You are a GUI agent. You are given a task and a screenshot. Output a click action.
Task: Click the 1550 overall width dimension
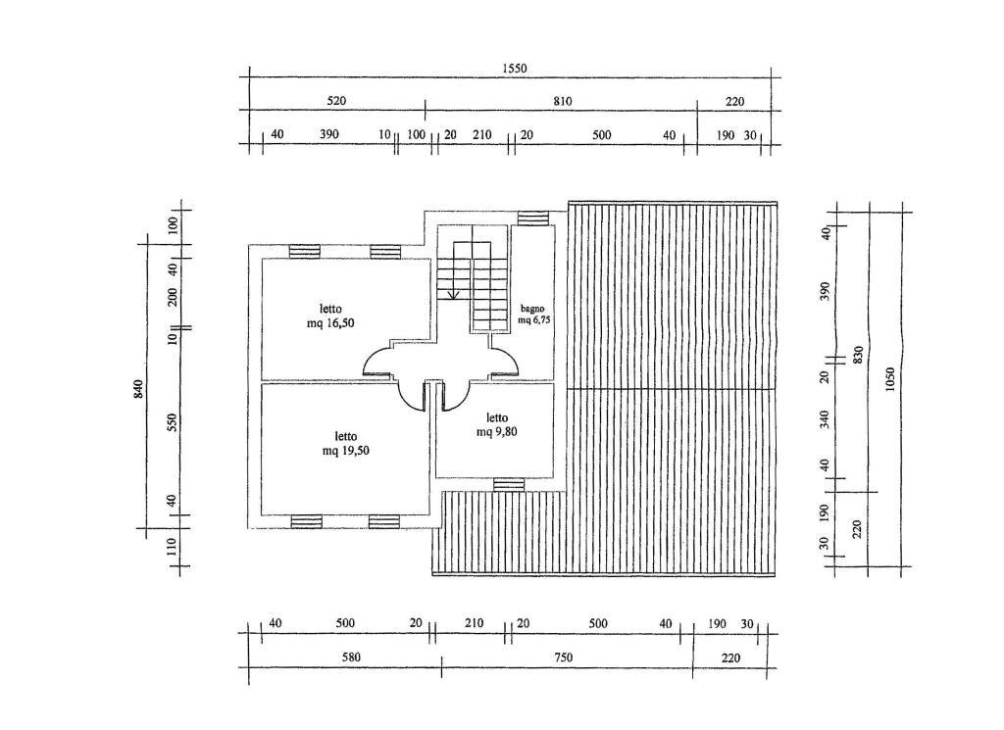pos(514,69)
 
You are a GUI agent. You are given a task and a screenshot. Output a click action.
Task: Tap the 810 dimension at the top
pos(562,101)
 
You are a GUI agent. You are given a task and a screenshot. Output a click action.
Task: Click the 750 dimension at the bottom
pos(564,657)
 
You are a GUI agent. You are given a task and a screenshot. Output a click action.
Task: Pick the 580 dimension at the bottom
pos(351,657)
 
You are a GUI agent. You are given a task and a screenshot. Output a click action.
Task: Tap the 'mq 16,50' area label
pos(330,323)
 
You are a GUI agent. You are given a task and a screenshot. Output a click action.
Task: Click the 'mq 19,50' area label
pos(346,451)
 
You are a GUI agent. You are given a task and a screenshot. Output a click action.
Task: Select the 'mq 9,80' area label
pos(497,432)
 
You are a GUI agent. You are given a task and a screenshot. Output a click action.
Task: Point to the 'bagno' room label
pos(532,309)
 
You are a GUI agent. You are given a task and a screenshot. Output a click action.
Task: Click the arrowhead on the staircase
pos(453,295)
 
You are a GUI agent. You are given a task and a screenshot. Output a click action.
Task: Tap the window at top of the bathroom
pos(533,219)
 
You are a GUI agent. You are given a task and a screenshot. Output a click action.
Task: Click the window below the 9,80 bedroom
pos(509,484)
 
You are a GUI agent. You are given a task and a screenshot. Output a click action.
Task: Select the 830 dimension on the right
pos(858,355)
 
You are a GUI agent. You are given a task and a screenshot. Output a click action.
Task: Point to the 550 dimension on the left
pos(172,422)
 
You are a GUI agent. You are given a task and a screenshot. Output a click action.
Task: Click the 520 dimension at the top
pos(336,101)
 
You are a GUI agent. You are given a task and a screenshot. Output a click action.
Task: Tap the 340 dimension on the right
pos(825,419)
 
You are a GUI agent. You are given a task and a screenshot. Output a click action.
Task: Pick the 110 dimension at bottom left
pos(172,547)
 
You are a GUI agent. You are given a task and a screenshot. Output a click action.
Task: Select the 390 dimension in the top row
pos(329,134)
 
